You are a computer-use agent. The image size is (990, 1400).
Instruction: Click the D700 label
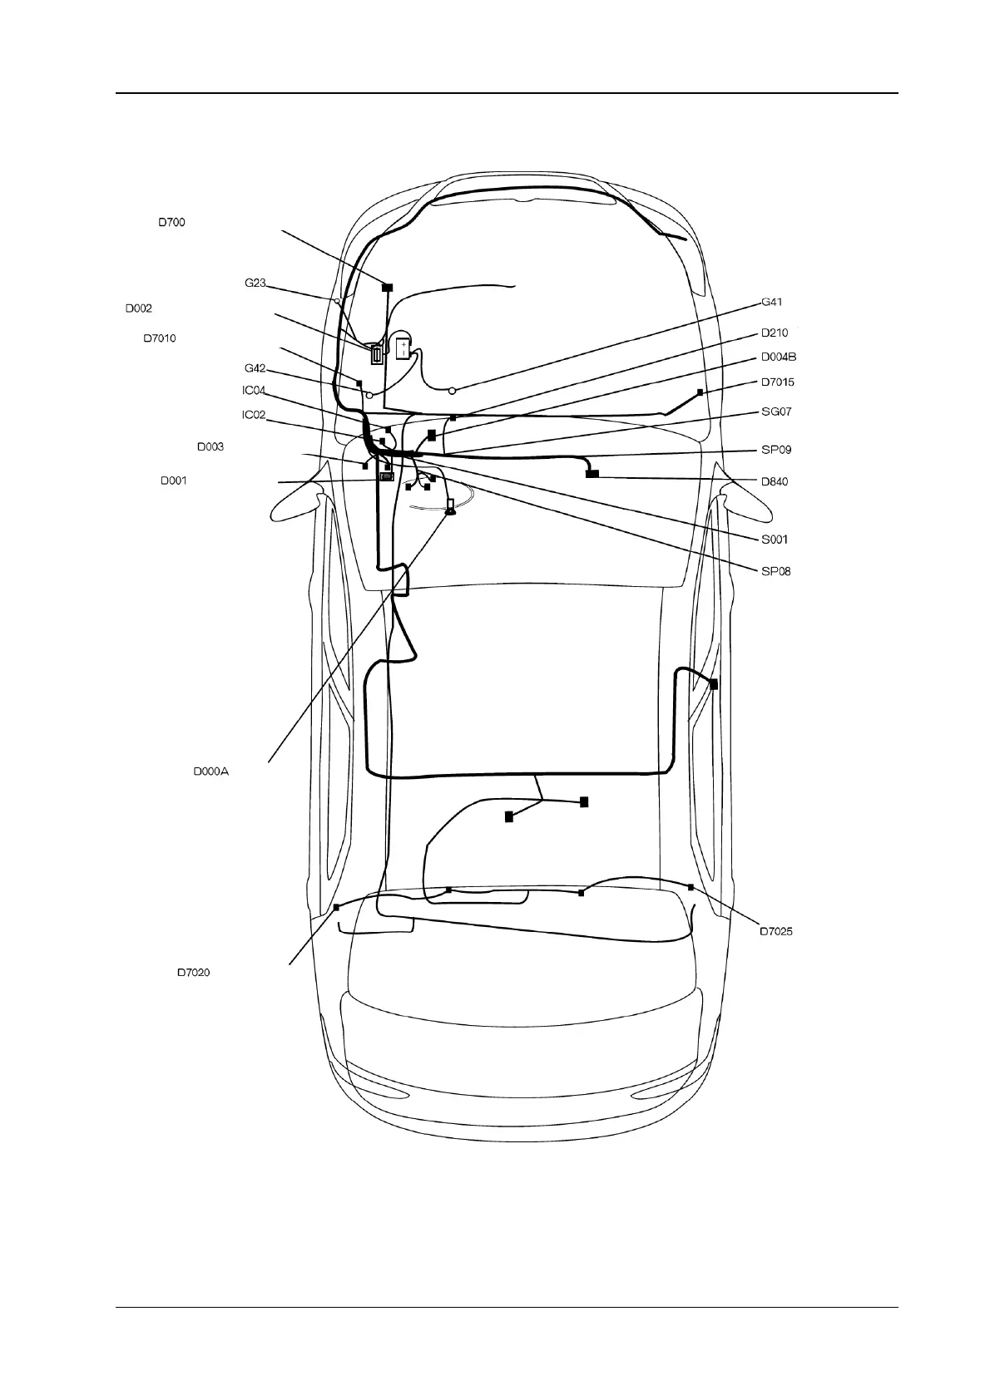pos(172,222)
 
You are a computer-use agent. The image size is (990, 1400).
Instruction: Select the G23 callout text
pos(255,283)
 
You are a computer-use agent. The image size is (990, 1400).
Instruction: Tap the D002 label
pos(138,308)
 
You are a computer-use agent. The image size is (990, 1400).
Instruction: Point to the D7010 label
pos(159,338)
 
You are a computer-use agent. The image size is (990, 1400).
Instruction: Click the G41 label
pos(771,302)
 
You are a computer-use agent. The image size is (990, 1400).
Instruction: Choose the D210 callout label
pos(774,333)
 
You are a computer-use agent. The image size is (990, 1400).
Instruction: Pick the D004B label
pos(779,357)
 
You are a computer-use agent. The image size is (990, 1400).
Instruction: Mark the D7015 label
pos(777,382)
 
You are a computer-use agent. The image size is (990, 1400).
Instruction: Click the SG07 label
pos(776,412)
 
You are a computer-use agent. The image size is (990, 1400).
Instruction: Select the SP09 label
pos(776,450)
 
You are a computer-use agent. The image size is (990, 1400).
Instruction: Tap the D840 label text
pos(775,481)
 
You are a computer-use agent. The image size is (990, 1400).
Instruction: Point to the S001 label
pos(775,540)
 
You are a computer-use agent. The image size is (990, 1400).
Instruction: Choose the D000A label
pos(210,771)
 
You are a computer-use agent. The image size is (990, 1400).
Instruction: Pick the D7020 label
pos(193,972)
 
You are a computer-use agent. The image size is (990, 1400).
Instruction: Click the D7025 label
pos(775,931)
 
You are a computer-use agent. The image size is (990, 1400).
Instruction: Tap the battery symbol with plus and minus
pos(403,348)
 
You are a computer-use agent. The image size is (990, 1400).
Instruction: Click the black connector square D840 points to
pos(592,474)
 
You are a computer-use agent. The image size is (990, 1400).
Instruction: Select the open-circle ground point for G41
pos(452,390)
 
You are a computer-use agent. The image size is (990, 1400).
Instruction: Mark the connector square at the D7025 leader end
pos(691,887)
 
